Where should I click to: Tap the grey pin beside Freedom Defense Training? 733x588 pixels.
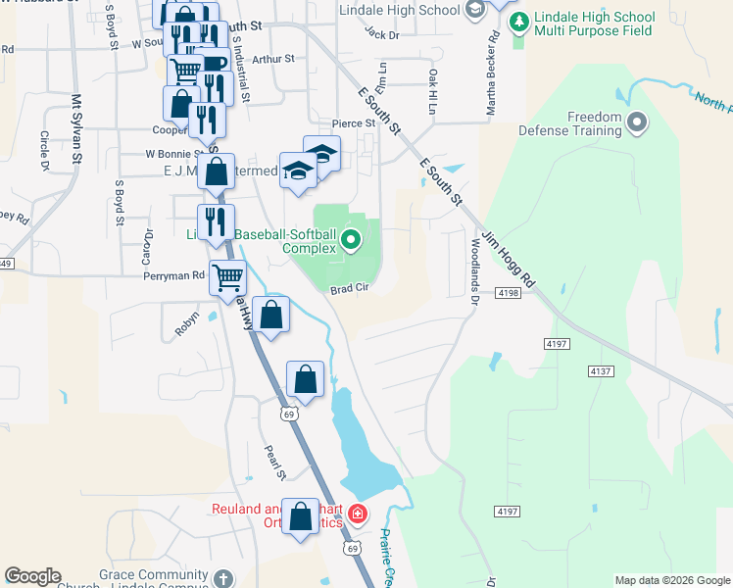[639, 122]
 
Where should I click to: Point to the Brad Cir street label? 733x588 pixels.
[348, 289]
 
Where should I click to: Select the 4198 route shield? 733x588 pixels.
[508, 293]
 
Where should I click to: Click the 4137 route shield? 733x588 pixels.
[601, 371]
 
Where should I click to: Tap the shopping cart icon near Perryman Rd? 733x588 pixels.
[227, 277]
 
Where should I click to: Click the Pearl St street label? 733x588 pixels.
[273, 463]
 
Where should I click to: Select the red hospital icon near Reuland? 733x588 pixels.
[359, 513]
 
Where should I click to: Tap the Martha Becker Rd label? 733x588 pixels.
[494, 74]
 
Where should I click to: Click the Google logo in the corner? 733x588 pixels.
[32, 576]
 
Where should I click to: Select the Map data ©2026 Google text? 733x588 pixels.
[672, 580]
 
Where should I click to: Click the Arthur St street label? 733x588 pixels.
[272, 59]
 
